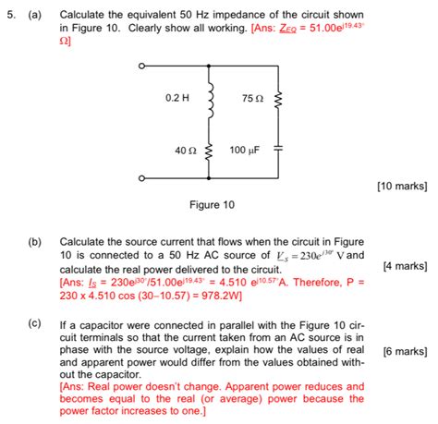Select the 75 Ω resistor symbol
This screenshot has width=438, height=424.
click(277, 98)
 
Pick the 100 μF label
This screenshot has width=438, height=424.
click(244, 149)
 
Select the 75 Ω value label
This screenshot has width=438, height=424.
click(252, 98)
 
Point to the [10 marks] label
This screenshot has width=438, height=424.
click(402, 186)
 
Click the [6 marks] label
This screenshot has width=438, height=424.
click(404, 351)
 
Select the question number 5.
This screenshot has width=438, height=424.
click(8, 16)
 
